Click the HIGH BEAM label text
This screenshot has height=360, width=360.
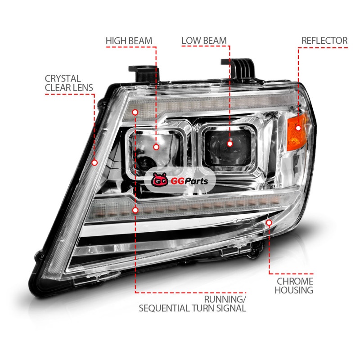pyautogui.click(x=129, y=41)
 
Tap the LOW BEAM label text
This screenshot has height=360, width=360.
pyautogui.click(x=204, y=40)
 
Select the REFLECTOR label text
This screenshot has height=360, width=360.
pyautogui.click(x=324, y=40)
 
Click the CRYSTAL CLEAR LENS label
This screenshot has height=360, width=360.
pyautogui.click(x=69, y=83)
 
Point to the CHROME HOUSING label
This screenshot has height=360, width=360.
pyautogui.click(x=294, y=286)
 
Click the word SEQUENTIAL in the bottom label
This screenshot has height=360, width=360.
pyautogui.click(x=164, y=308)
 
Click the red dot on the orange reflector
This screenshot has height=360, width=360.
pyautogui.click(x=298, y=128)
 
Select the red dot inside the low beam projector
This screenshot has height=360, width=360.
pyautogui.click(x=229, y=144)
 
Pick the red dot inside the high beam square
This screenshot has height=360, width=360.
pyautogui.click(x=156, y=147)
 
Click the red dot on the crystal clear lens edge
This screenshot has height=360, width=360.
pyautogui.click(x=94, y=163)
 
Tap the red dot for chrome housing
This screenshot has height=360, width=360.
pyautogui.click(x=269, y=223)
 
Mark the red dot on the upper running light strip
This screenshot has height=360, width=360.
pyautogui.click(x=135, y=112)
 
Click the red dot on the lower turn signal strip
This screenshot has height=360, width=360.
pyautogui.click(x=135, y=210)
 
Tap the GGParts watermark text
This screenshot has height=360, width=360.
pyautogui.click(x=189, y=181)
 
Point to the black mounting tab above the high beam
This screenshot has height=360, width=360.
pyautogui.click(x=144, y=73)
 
